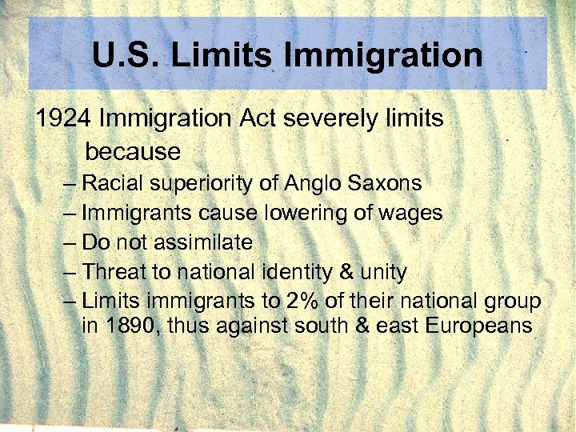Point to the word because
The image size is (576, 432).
coord(133,150)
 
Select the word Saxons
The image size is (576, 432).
coord(385,184)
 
